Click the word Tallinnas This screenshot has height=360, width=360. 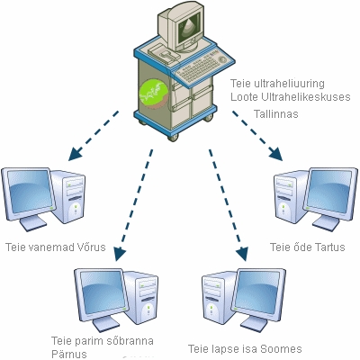(x=276, y=114)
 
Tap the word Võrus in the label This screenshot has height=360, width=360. (x=92, y=247)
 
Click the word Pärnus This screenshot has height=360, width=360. (x=69, y=353)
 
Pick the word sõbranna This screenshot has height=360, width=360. (x=129, y=341)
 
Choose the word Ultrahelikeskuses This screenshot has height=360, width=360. (x=306, y=97)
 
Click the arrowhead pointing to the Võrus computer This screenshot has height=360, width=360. (x=75, y=153)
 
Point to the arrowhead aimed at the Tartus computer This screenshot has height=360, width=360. (x=275, y=154)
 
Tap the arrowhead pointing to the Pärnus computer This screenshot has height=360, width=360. (x=120, y=255)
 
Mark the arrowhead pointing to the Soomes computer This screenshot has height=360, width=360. (x=243, y=255)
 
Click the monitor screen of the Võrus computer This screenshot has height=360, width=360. (x=29, y=192)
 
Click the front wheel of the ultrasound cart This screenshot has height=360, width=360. (x=173, y=137)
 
